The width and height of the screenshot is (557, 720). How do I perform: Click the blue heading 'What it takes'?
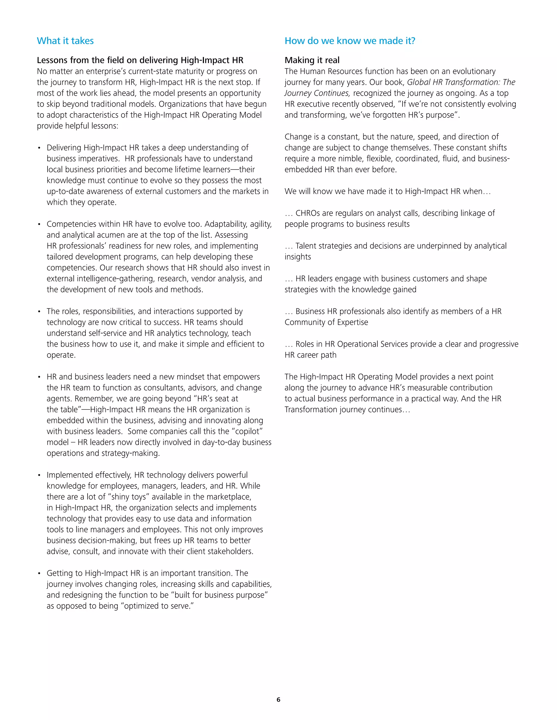click(65, 41)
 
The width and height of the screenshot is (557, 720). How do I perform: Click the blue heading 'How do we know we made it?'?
click(350, 41)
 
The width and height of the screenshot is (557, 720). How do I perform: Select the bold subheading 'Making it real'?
click(312, 60)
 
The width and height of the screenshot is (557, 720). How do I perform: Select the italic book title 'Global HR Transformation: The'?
click(461, 82)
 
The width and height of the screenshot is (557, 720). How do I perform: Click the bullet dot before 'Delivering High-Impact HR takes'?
click(39, 148)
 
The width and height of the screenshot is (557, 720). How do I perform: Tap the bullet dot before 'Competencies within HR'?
click(39, 224)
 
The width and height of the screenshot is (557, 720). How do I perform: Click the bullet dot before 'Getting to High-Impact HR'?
click(39, 574)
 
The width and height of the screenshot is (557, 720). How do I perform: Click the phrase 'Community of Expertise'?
click(326, 323)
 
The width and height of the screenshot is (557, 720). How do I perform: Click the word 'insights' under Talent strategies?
click(298, 257)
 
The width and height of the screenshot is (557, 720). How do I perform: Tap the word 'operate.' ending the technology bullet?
click(61, 355)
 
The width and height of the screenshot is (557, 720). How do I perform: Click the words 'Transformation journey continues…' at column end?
click(347, 410)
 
